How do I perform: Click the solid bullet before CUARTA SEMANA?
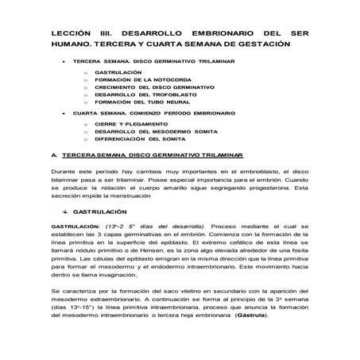[x=63, y=113]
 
